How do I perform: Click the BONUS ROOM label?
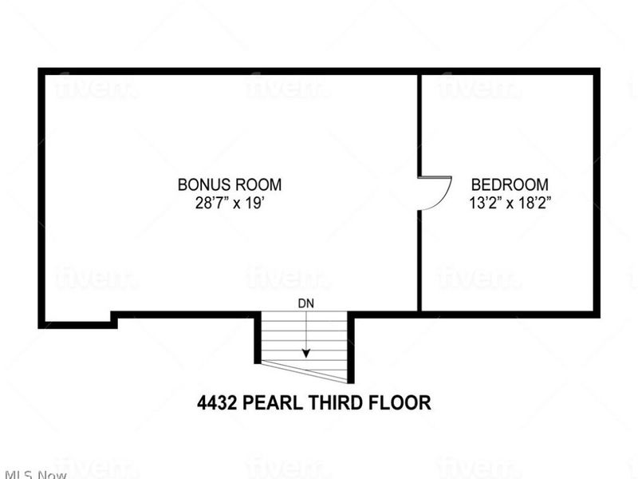(229, 184)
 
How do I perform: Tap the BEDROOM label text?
(509, 184)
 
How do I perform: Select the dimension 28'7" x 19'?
(229, 202)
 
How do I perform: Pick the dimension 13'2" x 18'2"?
(510, 202)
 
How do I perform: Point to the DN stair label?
(305, 303)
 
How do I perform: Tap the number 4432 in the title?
(217, 402)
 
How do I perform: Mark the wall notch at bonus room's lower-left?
(114, 319)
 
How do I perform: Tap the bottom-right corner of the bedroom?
(595, 313)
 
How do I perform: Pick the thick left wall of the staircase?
(258, 339)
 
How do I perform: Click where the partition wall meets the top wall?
(419, 73)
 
